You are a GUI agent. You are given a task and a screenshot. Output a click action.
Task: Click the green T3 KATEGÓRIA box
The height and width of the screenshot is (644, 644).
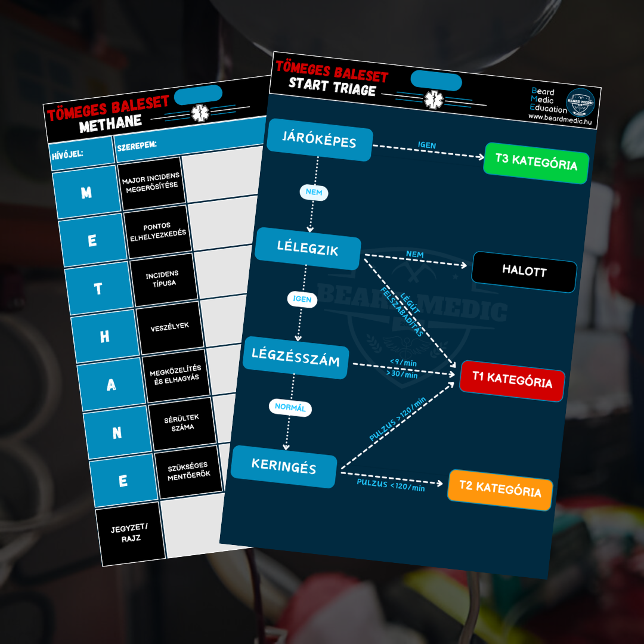(x=537, y=163)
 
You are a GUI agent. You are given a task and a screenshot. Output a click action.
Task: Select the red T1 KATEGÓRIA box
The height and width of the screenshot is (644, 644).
(x=512, y=380)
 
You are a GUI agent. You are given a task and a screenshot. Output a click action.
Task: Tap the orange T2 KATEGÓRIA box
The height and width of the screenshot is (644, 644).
(x=500, y=490)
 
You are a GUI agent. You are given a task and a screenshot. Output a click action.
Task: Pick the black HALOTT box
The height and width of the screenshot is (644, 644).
(x=524, y=271)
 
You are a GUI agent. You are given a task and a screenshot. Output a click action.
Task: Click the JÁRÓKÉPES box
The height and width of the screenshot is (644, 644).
(x=320, y=140)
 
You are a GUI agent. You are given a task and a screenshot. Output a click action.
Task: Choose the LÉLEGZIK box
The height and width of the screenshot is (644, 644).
(x=308, y=249)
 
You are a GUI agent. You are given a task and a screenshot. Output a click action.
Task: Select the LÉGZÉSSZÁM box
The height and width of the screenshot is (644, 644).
(x=296, y=357)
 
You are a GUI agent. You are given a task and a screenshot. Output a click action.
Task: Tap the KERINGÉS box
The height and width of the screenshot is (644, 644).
(x=284, y=466)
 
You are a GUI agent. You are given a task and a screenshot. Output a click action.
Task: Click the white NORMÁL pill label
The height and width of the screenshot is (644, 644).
(x=290, y=407)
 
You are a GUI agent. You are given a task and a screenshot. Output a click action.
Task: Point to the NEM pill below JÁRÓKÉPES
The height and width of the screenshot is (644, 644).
(x=314, y=192)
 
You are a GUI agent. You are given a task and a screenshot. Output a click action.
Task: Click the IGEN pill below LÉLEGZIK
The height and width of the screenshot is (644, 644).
(x=302, y=299)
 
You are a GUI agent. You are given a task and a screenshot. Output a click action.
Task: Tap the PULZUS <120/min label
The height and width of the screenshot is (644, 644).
(x=391, y=485)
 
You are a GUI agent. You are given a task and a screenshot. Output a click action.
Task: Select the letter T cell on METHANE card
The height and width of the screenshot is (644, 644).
(x=98, y=289)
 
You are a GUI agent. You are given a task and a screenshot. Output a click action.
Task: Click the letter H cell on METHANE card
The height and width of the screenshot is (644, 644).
(x=105, y=336)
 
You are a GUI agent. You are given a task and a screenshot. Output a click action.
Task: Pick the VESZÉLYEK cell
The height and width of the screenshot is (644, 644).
(x=169, y=327)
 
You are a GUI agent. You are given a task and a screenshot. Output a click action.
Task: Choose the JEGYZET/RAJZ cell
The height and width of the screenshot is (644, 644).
(x=130, y=534)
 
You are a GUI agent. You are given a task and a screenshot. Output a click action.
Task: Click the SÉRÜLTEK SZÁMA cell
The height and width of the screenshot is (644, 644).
(x=182, y=423)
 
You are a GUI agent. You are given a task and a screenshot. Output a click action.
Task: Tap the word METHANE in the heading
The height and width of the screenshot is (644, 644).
(x=110, y=123)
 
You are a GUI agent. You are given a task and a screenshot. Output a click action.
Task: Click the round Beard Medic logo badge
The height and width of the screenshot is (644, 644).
(x=580, y=102)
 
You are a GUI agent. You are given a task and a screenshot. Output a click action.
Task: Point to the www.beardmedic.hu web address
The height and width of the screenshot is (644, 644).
(x=560, y=119)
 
